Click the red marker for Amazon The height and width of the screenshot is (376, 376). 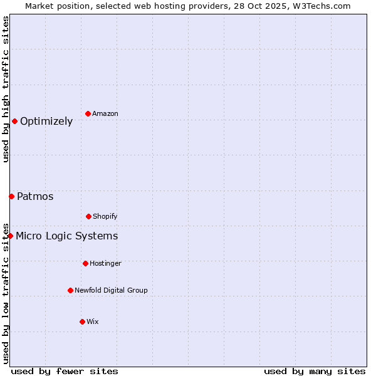pyautogui.click(x=88, y=113)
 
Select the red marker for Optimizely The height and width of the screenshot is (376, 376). pyautogui.click(x=14, y=121)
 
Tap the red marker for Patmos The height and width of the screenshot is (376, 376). pyautogui.click(x=11, y=196)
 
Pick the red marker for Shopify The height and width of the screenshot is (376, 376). pyautogui.click(x=88, y=216)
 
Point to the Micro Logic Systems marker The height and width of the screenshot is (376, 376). pyautogui.click(x=10, y=236)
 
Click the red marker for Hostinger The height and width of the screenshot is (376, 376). pyautogui.click(x=85, y=263)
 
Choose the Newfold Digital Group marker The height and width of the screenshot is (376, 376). pyautogui.click(x=70, y=290)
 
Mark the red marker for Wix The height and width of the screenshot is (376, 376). pyautogui.click(x=82, y=321)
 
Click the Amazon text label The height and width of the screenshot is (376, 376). pyautogui.click(x=105, y=113)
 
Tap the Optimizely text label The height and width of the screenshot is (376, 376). pyautogui.click(x=46, y=121)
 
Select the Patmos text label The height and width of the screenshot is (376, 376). pyautogui.click(x=35, y=196)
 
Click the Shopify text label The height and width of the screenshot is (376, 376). pyautogui.click(x=105, y=216)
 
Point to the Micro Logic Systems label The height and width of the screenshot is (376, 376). pyautogui.click(x=66, y=236)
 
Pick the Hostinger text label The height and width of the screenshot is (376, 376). pyautogui.click(x=105, y=263)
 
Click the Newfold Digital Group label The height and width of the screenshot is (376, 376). pyautogui.click(x=111, y=290)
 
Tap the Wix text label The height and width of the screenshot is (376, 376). pyautogui.click(x=93, y=321)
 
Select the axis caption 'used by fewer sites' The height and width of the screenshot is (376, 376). pyautogui.click(x=65, y=371)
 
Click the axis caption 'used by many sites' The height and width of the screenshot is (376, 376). pyautogui.click(x=315, y=371)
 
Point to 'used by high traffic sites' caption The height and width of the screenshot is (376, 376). pyautogui.click(x=6, y=89)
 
